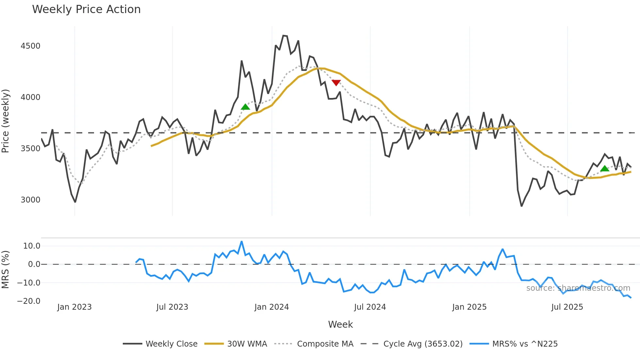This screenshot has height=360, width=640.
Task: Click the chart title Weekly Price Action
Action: pos(86,9)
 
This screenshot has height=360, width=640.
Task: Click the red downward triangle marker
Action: pos(336,83)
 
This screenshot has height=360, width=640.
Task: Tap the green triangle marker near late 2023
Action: pos(245,107)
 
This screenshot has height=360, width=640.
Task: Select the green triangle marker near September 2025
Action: pos(605,169)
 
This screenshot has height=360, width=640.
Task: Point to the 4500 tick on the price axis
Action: pos(30,46)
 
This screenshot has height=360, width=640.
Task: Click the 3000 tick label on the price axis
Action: pos(30,200)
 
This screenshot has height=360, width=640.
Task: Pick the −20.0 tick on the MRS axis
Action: pos(29,301)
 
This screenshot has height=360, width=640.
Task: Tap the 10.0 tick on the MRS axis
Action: pos(32,246)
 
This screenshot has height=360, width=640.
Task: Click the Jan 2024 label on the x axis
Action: pos(272,307)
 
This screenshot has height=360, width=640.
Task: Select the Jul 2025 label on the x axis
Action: pos(567,307)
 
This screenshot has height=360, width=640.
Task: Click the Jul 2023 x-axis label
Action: pos(172,307)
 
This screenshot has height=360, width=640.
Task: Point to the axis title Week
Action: pos(340,324)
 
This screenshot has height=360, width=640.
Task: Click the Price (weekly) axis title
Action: pos(6,121)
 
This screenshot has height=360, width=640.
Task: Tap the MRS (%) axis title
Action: pos(6,270)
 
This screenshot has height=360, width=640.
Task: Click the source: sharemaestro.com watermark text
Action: pos(578,288)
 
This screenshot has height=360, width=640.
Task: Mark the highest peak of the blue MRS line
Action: pos(242,242)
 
